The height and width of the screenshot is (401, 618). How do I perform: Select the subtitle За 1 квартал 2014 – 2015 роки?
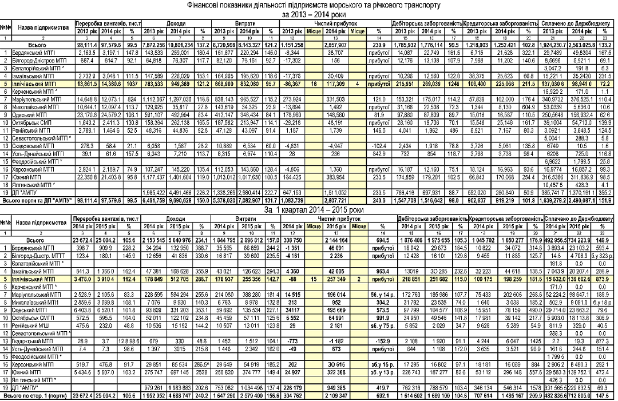tap(309, 211)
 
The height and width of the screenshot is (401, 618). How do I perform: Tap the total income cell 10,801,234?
tap(188, 44)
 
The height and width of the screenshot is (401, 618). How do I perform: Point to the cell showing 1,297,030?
tap(188, 98)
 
